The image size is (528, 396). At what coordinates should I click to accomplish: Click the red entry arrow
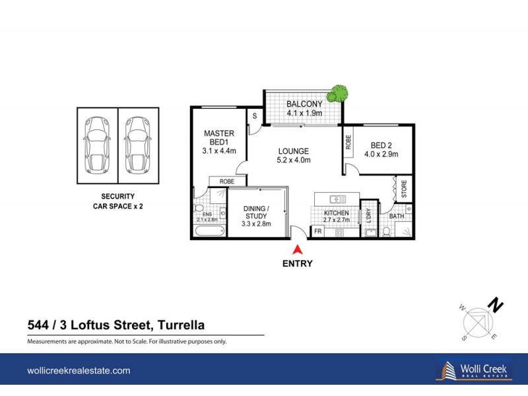click(298, 249)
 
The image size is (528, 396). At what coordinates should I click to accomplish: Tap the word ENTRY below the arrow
click(298, 263)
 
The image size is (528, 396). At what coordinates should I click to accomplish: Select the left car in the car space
click(97, 145)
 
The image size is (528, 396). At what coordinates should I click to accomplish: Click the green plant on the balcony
click(339, 94)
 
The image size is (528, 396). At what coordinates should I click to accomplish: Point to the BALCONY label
click(304, 104)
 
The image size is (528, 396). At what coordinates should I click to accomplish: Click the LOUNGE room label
click(294, 150)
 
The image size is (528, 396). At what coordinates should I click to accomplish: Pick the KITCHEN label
click(336, 213)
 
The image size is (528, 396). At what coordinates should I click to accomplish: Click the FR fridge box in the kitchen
click(317, 232)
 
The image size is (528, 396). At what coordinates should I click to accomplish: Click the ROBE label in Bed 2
click(347, 143)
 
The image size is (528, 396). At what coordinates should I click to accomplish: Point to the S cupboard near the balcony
click(254, 116)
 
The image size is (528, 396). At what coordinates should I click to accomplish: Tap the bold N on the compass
click(495, 306)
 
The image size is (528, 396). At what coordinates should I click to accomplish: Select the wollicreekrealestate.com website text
click(79, 371)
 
